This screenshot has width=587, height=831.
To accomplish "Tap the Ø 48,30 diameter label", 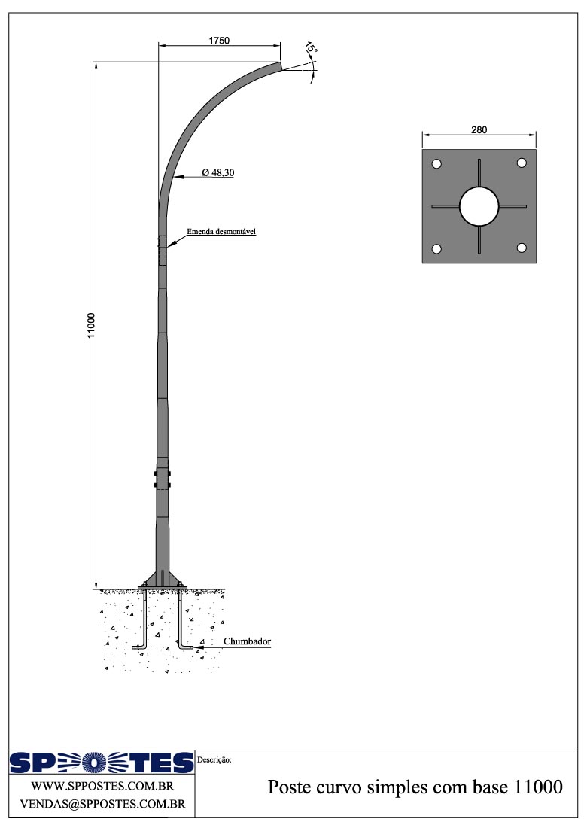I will (218, 172).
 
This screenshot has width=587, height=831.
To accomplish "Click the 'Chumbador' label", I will (247, 641).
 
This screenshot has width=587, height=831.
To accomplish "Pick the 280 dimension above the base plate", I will (479, 129).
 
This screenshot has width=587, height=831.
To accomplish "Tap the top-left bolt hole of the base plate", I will (436, 164).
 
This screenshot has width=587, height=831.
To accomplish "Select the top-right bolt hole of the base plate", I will (522, 163).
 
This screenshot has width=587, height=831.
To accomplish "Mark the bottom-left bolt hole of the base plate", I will (436, 249).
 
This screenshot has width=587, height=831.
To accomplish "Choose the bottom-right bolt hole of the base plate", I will (522, 248).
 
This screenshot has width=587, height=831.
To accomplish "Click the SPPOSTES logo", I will (101, 763).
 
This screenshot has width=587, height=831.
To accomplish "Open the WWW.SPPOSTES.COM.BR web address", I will (102, 787).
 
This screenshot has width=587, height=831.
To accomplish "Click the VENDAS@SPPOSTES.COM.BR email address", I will (102, 804).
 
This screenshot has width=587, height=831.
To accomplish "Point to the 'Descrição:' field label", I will (214, 760).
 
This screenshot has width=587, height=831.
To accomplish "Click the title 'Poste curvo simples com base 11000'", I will (415, 788).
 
